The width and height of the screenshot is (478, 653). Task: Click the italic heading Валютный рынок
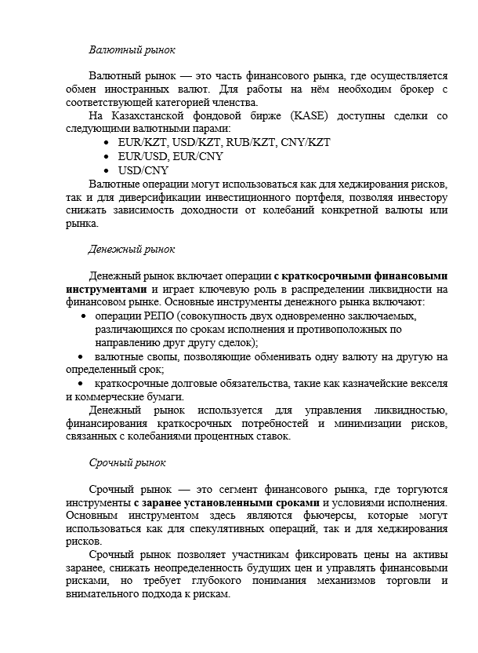pyautogui.click(x=132, y=49)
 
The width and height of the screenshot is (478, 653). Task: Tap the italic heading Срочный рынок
pyautogui.click(x=127, y=463)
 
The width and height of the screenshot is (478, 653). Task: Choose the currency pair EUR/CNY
pyautogui.click(x=198, y=156)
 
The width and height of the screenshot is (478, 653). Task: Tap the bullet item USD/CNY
pyautogui.click(x=143, y=170)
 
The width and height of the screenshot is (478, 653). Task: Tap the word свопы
pyautogui.click(x=165, y=356)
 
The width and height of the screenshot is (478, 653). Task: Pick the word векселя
pyautogui.click(x=428, y=383)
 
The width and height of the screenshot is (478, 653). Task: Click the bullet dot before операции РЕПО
pyautogui.click(x=83, y=316)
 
